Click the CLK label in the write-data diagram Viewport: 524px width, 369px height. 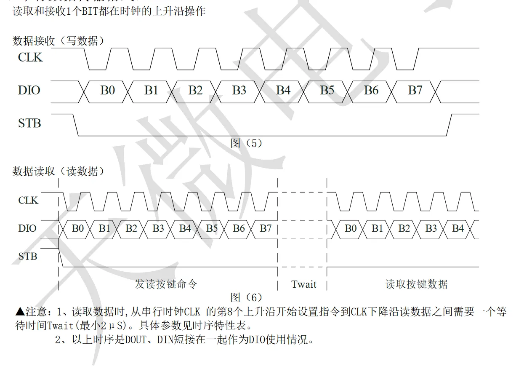[30, 57]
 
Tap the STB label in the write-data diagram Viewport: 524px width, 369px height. [29, 123]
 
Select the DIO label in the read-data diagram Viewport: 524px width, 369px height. [27, 228]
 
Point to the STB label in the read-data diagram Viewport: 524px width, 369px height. [28, 256]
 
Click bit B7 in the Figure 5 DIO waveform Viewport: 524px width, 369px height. [415, 90]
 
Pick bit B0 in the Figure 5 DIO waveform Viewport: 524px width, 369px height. [107, 90]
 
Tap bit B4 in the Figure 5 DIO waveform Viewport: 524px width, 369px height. [283, 90]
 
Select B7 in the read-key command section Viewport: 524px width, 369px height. [266, 228]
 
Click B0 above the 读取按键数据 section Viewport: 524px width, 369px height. [351, 228]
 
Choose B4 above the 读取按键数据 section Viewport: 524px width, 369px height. [458, 228]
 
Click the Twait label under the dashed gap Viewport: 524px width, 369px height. [304, 284]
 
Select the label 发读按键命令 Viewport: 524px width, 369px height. [166, 284]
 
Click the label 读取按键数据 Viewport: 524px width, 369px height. [416, 284]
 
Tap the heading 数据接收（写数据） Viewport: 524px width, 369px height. [59, 41]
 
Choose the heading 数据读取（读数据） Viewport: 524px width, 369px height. [59, 171]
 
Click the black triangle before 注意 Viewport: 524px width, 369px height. [20, 312]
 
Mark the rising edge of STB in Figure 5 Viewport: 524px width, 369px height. [449, 125]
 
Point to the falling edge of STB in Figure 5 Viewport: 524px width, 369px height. [76, 125]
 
